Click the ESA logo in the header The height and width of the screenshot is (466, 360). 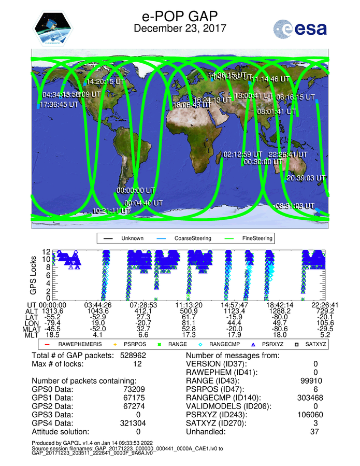click(x=300, y=28)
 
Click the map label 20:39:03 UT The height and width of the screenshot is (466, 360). click(x=306, y=178)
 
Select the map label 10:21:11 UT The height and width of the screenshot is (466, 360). click(x=111, y=211)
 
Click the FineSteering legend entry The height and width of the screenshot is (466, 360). click(x=256, y=238)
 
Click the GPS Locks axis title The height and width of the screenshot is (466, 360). click(x=34, y=275)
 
